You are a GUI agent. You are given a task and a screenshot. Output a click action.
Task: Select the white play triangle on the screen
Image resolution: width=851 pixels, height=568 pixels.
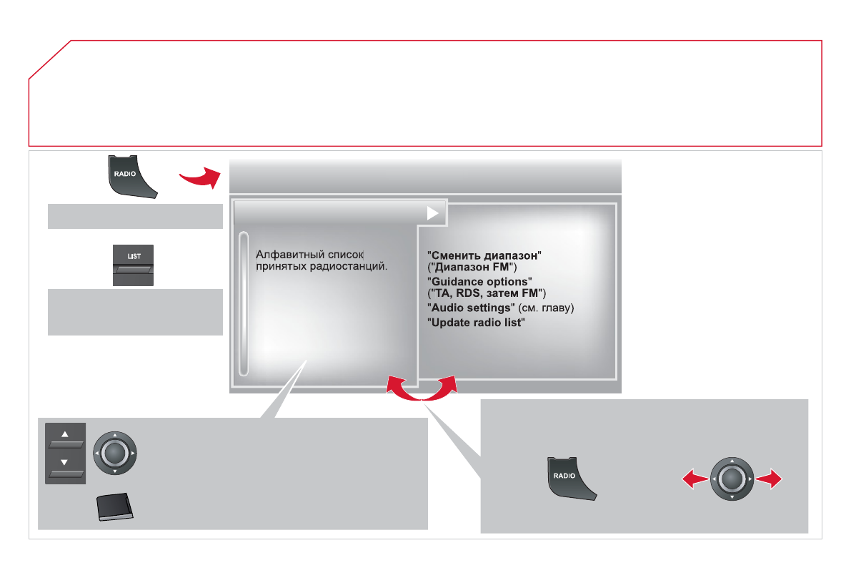432,213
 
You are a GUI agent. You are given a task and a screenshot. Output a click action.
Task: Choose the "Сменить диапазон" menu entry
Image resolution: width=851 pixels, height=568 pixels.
484,255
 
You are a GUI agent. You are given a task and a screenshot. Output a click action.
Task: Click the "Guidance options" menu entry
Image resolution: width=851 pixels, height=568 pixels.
479,282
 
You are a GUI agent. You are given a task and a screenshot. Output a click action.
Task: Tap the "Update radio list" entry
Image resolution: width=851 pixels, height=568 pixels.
476,323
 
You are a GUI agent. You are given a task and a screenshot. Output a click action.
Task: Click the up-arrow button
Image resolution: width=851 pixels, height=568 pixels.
65,439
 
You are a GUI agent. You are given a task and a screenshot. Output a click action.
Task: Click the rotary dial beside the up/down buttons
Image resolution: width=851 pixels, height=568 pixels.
114,453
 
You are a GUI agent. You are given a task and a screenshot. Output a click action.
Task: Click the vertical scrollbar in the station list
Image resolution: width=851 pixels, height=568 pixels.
244,303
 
